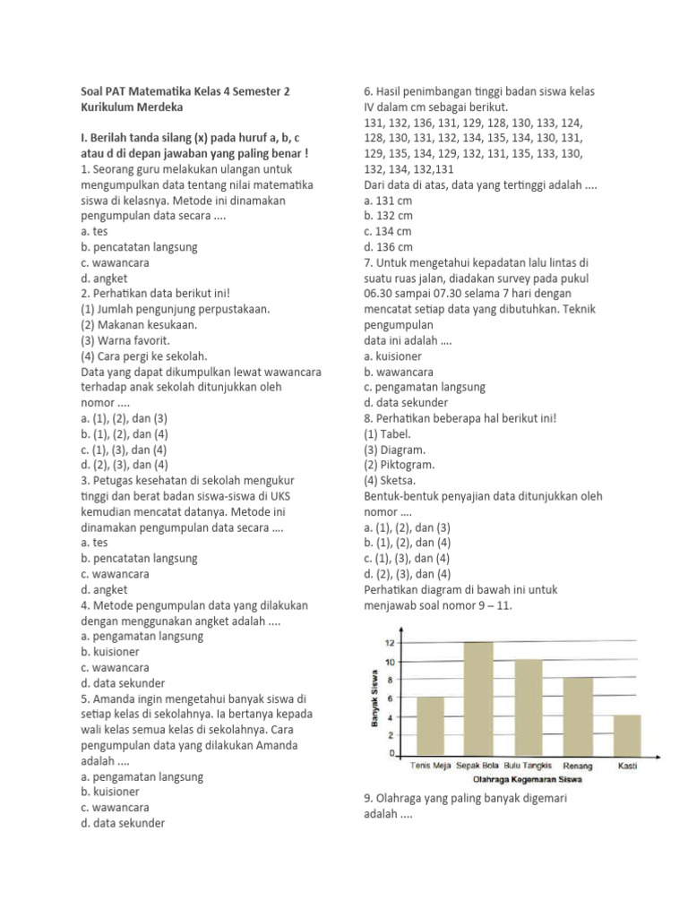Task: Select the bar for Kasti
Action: [x=627, y=735]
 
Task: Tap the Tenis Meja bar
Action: [x=430, y=726]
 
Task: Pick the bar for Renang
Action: [x=577, y=716]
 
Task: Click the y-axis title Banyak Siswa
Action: [x=373, y=698]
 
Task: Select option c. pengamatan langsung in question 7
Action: [x=425, y=387]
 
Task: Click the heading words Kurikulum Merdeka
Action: [x=131, y=107]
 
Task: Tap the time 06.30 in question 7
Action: [x=380, y=293]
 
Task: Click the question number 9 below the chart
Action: [x=368, y=798]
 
